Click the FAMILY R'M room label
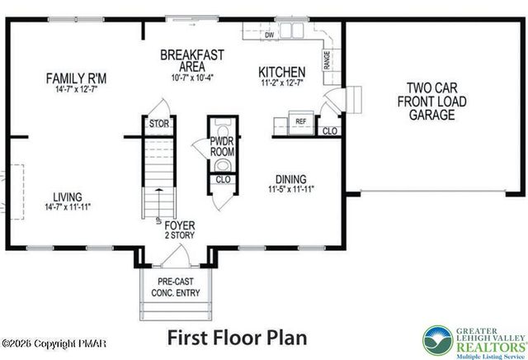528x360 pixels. (x=76, y=78)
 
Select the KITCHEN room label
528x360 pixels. (x=281, y=73)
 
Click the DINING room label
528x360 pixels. (x=291, y=179)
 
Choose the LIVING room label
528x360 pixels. (x=68, y=197)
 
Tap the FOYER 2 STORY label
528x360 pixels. (x=179, y=230)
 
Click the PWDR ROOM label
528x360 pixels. (x=222, y=147)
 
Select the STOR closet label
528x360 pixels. (x=158, y=125)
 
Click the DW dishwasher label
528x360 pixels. (x=270, y=35)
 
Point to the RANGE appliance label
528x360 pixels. (x=328, y=60)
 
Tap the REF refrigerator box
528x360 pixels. (x=301, y=122)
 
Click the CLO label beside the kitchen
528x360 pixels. (x=329, y=130)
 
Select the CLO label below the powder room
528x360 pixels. (x=222, y=178)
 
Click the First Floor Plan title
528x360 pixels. (x=237, y=337)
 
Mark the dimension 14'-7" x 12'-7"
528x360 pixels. (x=76, y=89)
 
